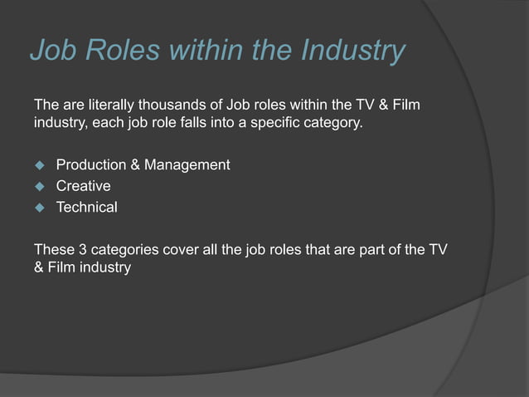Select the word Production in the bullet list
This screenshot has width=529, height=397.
click(x=88, y=164)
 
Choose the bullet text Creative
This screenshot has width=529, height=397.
click(x=83, y=186)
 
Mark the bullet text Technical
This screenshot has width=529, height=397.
click(x=86, y=207)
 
